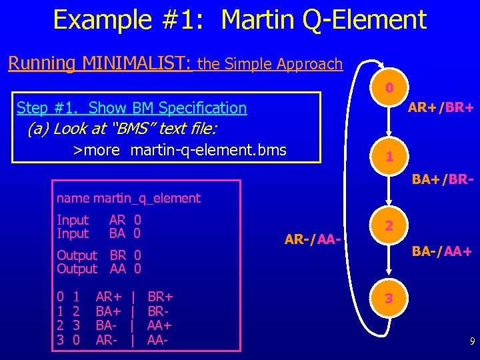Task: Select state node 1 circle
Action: [x=390, y=157]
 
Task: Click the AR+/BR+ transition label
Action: [x=441, y=107]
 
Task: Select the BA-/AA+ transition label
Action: [x=441, y=251]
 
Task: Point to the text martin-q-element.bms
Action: [x=208, y=150]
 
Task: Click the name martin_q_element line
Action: [x=128, y=198]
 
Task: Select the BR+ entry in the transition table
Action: [x=160, y=296]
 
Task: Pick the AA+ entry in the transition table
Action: [x=160, y=325]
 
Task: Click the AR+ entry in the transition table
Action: [x=109, y=296]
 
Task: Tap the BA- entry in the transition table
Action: [x=108, y=325]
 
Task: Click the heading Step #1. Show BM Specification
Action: [x=131, y=107]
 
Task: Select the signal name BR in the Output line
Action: [x=117, y=255]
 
